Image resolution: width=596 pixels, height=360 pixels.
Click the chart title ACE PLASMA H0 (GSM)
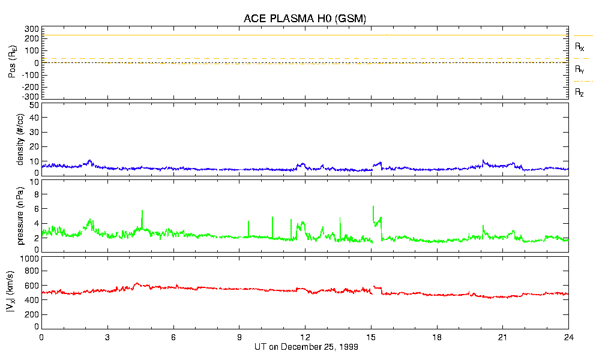pos(304,19)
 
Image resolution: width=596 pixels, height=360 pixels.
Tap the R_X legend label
pos(580,46)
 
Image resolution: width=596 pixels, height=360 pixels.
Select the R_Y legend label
pos(580,70)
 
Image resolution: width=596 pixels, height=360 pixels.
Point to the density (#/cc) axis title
pos(20,139)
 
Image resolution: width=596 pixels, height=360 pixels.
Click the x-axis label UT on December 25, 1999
pos(304,347)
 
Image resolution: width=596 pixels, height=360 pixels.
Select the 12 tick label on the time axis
pos(305,337)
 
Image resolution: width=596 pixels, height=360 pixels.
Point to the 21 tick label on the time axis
pos(503,337)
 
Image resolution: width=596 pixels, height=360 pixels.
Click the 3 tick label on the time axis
pos(107,337)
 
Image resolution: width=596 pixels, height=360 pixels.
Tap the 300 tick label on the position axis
pos(32,29)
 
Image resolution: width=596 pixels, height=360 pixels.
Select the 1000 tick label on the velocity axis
pos(29,259)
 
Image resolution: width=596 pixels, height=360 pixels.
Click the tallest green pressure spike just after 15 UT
pos(373,207)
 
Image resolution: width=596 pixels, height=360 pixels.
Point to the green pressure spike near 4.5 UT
pos(142,211)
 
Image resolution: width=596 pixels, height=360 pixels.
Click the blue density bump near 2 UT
pos(89,161)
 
